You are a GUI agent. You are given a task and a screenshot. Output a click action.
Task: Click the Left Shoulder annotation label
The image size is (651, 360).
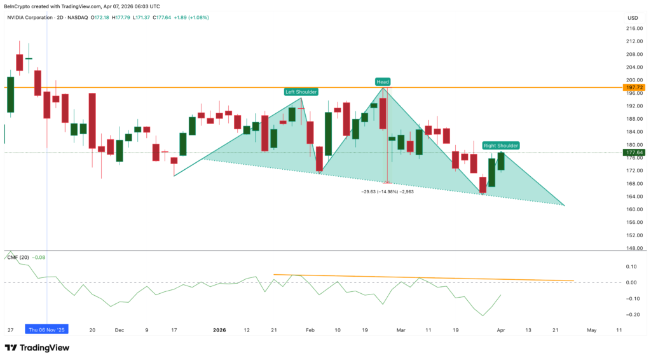tap(301, 92)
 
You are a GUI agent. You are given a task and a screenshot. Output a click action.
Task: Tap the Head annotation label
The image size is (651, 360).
tap(382, 81)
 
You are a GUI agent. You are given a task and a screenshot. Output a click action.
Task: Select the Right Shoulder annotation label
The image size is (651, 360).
tap(500, 145)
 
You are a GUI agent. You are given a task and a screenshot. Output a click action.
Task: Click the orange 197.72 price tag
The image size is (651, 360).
tap(635, 87)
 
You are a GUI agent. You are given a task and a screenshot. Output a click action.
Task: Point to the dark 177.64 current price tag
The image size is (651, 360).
tap(635, 153)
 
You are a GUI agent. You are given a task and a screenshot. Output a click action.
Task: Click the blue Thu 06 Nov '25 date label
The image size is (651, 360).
tap(46, 329)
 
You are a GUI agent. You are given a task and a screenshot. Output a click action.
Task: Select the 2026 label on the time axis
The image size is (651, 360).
tap(219, 329)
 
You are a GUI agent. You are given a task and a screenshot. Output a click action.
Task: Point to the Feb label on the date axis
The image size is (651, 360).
tap(310, 329)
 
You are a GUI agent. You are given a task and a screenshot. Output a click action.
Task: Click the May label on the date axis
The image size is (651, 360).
tap(592, 329)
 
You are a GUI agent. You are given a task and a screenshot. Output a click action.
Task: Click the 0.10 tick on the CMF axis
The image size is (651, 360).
tap(632, 267)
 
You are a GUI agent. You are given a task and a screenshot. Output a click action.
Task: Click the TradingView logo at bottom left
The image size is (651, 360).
tap(38, 348)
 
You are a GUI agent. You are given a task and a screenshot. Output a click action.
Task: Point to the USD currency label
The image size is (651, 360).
tap(633, 17)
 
